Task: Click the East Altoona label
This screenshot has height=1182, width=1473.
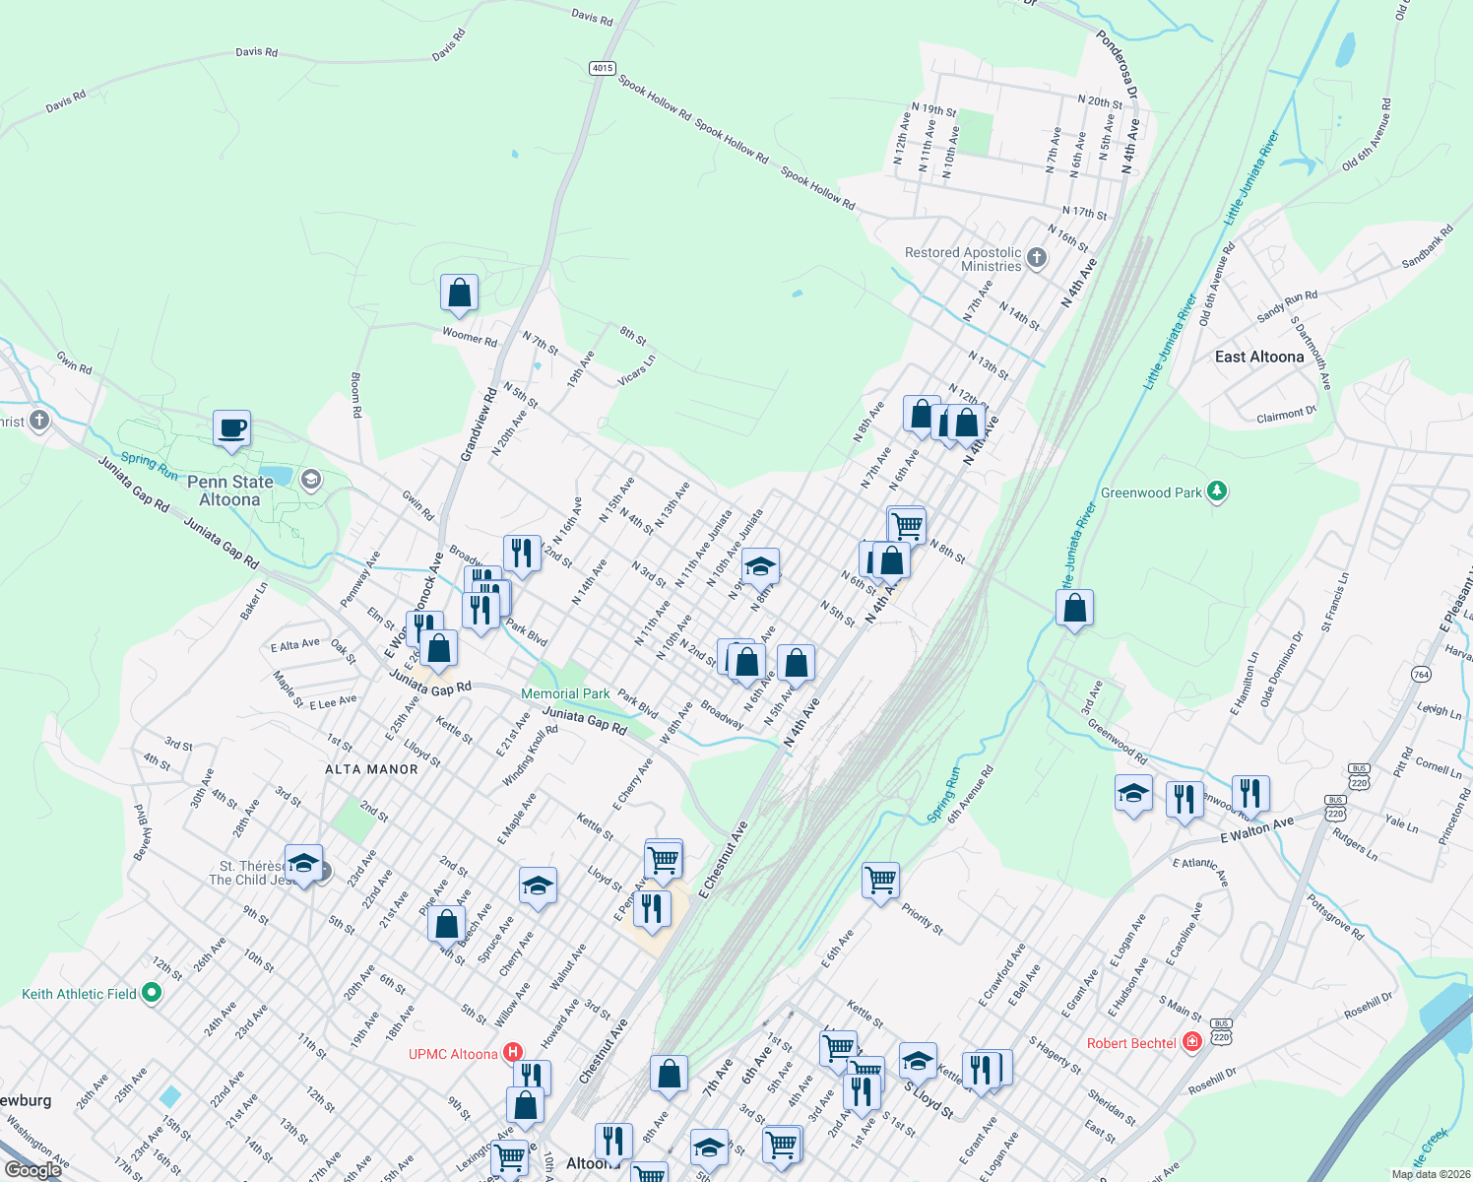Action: (1258, 357)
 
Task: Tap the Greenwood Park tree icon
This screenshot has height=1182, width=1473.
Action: (1217, 492)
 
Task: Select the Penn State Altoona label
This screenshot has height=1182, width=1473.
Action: (229, 491)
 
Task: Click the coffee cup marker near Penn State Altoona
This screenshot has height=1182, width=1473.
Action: (231, 429)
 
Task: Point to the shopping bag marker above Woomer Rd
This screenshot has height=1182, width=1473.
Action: (459, 293)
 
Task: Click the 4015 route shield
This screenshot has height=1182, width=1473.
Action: (603, 68)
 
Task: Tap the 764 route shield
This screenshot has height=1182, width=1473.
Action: (1421, 675)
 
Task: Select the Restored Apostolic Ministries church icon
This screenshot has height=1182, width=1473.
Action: (1036, 258)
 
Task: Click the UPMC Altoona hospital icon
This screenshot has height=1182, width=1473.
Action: (513, 1053)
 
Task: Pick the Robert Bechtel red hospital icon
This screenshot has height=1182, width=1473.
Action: (1192, 1042)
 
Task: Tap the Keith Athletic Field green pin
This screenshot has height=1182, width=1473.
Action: (152, 993)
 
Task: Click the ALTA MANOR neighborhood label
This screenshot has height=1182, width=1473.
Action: (371, 769)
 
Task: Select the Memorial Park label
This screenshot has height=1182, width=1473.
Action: (565, 693)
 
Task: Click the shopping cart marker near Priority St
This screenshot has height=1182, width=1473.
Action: (880, 880)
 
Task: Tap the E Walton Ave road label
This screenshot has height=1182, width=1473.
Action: (1257, 830)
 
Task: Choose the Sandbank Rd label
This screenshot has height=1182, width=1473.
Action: (1427, 246)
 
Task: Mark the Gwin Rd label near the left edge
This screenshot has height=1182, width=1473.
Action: (74, 362)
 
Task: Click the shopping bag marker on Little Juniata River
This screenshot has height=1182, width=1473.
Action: (1075, 609)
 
